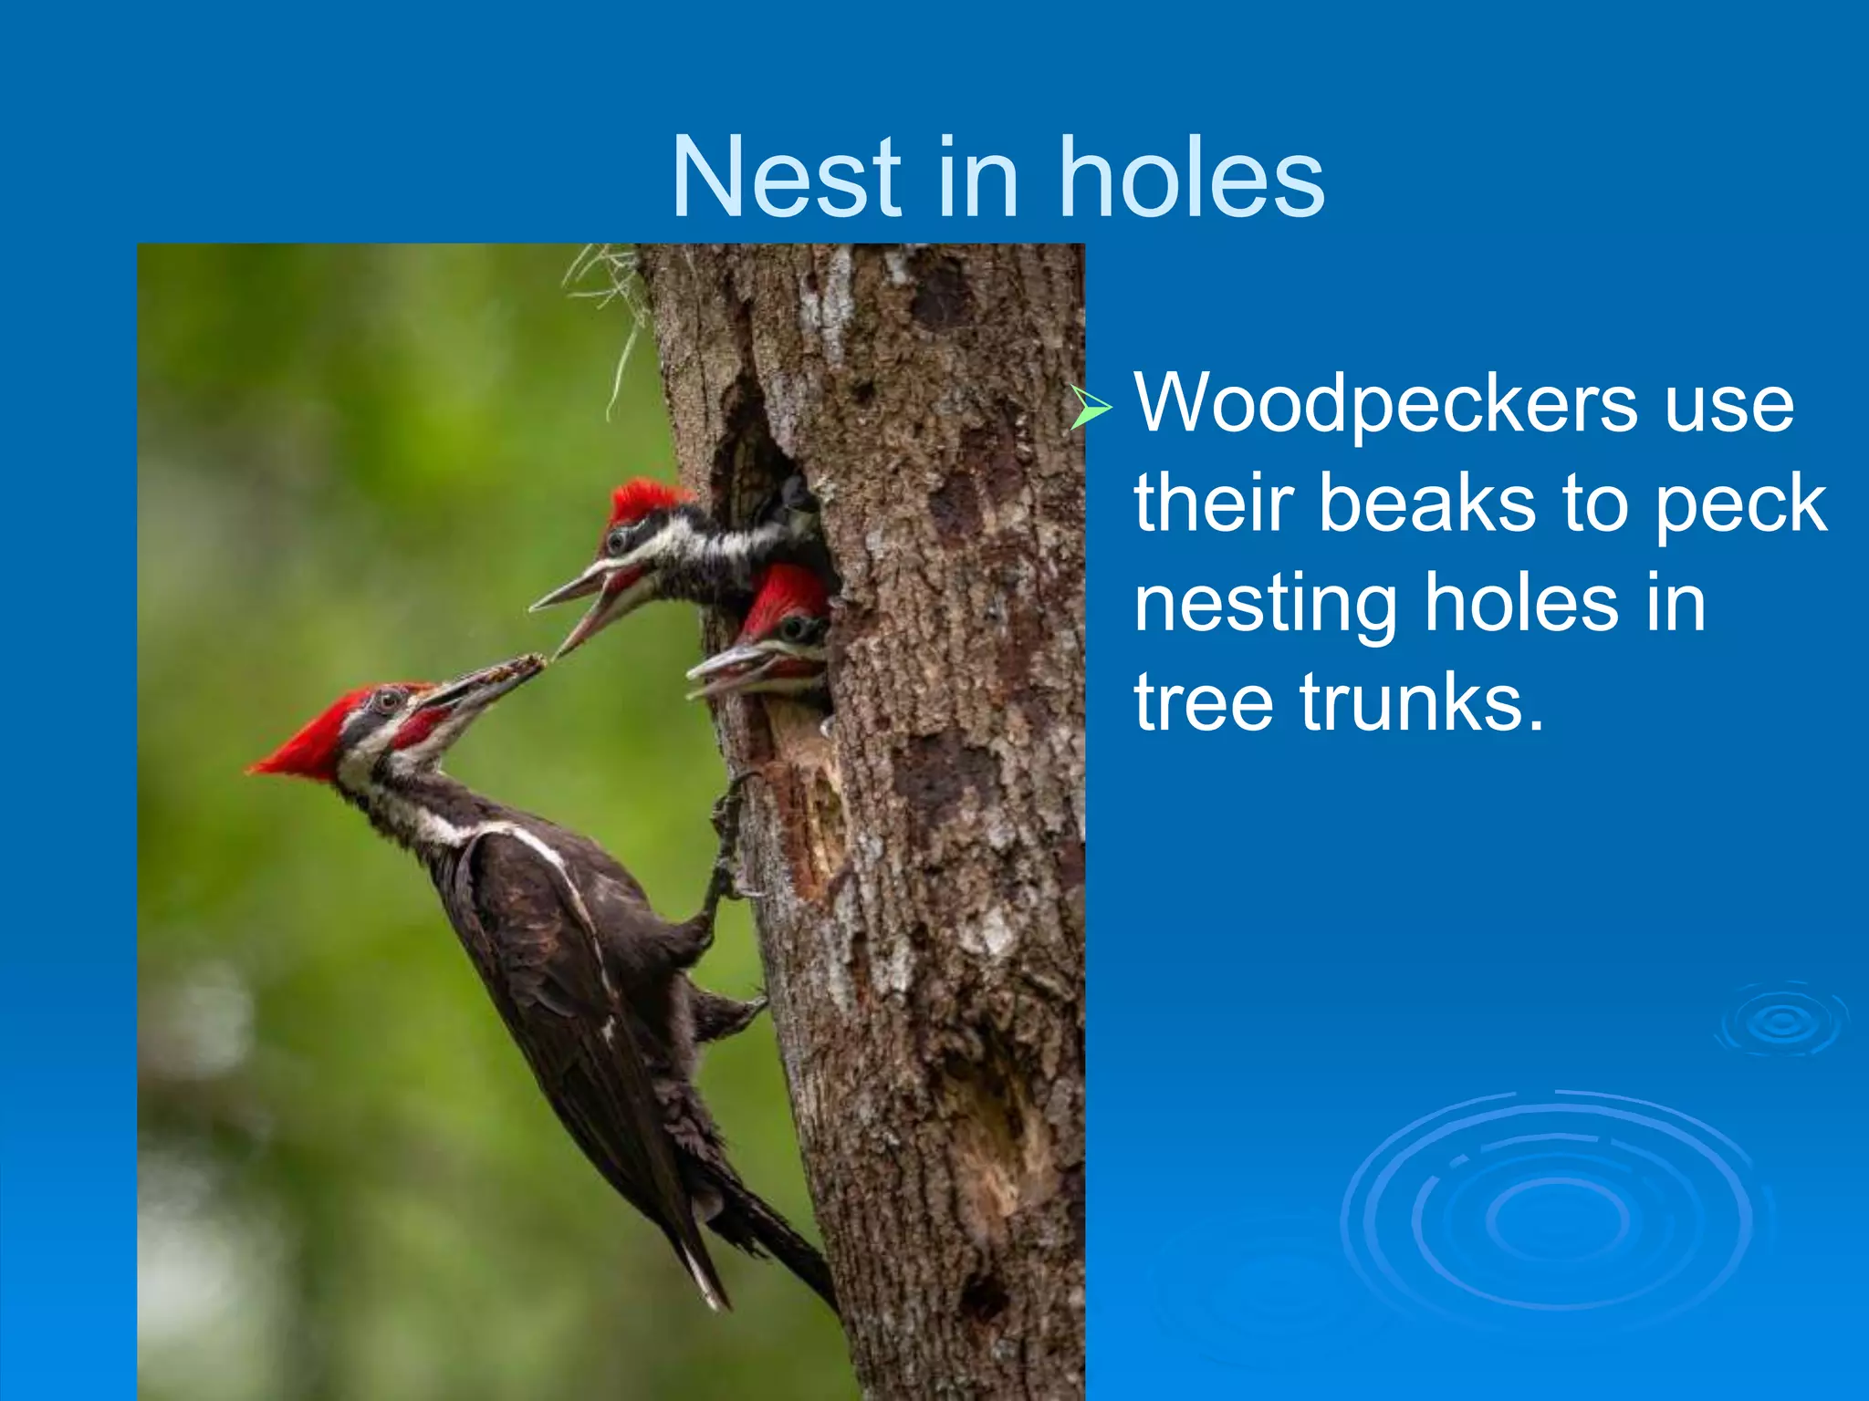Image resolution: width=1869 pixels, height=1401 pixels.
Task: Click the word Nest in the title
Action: coord(786,178)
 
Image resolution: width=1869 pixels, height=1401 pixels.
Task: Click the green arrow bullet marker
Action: coord(1091,407)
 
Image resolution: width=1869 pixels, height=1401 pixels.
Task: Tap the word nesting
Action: coord(1265,607)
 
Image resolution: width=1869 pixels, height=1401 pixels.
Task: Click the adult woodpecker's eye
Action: coord(388,700)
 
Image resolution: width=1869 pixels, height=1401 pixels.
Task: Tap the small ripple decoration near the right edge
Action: coord(1782,1021)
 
